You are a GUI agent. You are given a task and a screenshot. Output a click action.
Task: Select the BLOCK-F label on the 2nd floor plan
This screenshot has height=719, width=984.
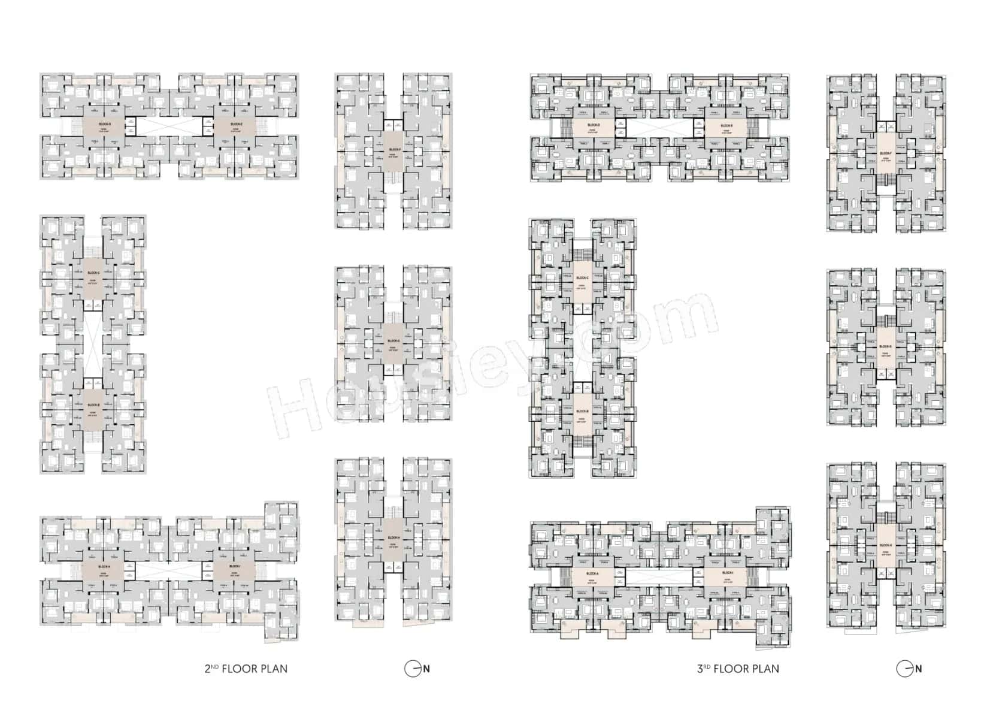click(x=394, y=150)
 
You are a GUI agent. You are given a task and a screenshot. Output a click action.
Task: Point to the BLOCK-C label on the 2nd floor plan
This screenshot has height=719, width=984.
click(x=93, y=273)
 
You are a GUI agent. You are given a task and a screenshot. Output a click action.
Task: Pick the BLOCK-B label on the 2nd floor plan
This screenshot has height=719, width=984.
click(x=93, y=405)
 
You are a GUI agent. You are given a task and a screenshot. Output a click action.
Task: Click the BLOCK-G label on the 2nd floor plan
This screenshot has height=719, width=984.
click(x=393, y=341)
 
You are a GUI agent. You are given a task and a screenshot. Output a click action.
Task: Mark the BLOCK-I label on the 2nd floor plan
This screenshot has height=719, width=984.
click(x=235, y=566)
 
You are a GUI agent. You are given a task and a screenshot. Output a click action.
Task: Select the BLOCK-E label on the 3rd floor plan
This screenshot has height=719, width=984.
click(x=726, y=125)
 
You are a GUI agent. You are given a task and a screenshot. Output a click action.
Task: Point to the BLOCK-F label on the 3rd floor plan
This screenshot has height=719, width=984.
click(x=886, y=153)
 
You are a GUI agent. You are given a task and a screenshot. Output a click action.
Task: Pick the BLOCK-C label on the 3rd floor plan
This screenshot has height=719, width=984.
click(x=582, y=278)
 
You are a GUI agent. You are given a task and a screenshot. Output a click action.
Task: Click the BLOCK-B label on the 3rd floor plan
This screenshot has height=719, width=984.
click(x=582, y=412)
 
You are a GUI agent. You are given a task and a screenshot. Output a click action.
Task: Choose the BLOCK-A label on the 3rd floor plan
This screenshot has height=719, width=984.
click(x=593, y=573)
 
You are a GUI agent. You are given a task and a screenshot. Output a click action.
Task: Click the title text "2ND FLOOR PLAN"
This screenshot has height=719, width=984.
click(x=246, y=669)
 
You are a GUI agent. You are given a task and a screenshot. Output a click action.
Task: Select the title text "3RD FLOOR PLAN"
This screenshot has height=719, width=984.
click(x=738, y=669)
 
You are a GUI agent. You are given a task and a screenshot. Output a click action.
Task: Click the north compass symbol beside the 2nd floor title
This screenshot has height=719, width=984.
click(x=413, y=669)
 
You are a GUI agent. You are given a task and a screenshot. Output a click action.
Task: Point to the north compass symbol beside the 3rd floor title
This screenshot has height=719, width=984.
click(x=905, y=669)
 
